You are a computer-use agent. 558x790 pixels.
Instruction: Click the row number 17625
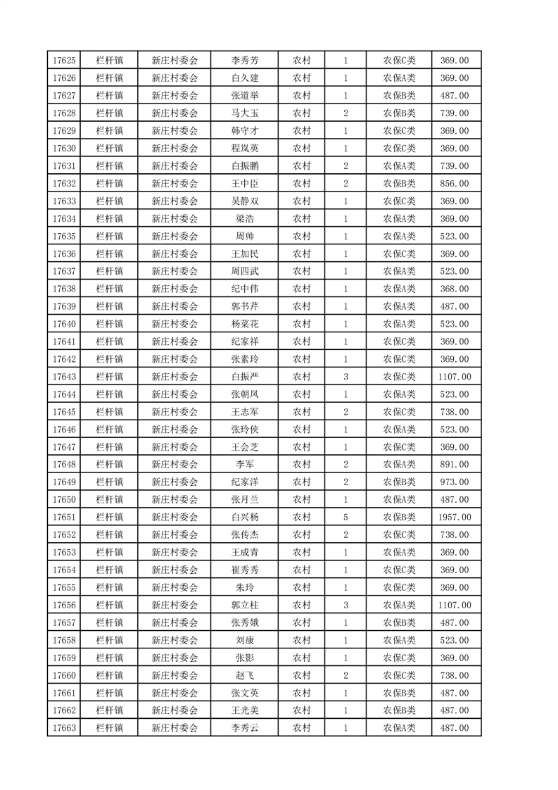tap(64, 61)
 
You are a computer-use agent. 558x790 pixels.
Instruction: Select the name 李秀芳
tap(245, 61)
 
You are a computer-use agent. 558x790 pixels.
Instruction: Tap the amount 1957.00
tap(455, 518)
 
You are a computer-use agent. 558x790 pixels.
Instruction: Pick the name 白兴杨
tap(245, 518)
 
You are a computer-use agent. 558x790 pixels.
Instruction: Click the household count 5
tap(345, 518)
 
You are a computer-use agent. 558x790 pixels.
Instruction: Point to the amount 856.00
tap(455, 184)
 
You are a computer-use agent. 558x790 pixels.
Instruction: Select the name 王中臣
tap(245, 184)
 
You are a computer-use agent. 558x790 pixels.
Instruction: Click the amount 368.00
tap(455, 289)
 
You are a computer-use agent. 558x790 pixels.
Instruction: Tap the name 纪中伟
tap(245, 289)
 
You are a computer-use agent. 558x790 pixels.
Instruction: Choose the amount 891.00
tap(455, 465)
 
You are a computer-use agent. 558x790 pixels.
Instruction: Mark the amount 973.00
tap(455, 482)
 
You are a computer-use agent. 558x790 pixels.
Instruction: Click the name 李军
tap(245, 465)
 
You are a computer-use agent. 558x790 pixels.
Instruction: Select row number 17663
tap(64, 728)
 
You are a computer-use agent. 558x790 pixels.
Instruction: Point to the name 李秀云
tap(245, 728)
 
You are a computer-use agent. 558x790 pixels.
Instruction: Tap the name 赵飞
tap(245, 675)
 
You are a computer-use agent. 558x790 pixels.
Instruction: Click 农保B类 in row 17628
tap(399, 113)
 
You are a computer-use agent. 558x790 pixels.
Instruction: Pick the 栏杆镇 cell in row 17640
tap(109, 324)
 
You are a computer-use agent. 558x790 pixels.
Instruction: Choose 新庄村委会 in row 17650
tap(175, 500)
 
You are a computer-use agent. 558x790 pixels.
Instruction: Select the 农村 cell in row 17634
tap(302, 219)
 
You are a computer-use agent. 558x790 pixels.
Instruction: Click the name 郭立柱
tap(245, 605)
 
